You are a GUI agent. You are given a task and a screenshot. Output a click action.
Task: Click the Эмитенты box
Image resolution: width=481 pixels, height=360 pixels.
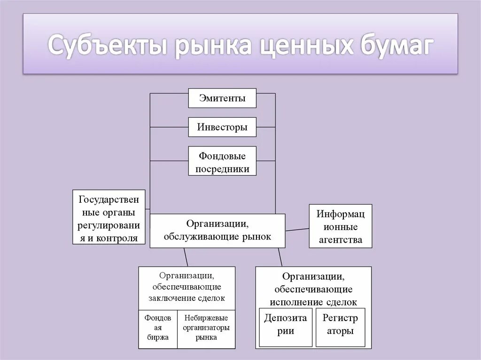coord(222,99)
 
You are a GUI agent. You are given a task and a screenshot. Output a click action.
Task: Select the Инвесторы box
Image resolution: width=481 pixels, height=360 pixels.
coord(222,127)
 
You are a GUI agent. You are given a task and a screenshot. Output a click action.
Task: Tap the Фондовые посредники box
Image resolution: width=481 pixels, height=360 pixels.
coord(222,161)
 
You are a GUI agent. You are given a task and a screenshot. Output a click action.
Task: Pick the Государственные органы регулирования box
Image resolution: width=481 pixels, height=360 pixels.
coord(109,217)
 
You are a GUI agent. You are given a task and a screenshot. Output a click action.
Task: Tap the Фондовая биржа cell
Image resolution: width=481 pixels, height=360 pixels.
coord(158,328)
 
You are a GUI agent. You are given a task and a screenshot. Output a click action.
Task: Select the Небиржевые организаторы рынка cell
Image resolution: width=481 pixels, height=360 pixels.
coord(206,328)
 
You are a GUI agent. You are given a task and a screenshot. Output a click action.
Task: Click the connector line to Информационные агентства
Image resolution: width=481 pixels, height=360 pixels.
coord(297,229)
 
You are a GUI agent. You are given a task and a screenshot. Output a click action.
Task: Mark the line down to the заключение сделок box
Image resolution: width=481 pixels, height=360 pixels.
coord(186,257)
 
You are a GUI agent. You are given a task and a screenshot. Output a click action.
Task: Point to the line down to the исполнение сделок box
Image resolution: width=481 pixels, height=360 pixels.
coord(280,257)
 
